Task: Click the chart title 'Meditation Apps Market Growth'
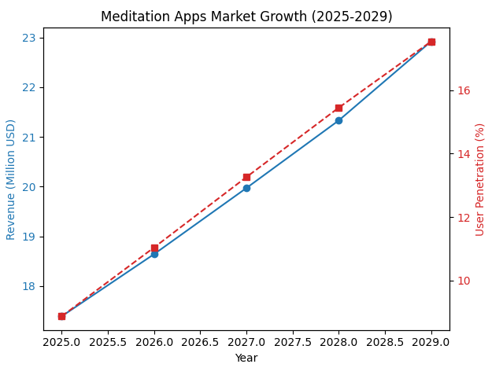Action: pos(246,17)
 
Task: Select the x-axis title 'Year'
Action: pos(246,358)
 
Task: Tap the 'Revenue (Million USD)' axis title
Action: pos(11,179)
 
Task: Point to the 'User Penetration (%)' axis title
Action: pos(480,179)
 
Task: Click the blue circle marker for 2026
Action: pos(154,254)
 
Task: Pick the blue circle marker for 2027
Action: pos(246,188)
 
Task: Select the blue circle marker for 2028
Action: pos(338,120)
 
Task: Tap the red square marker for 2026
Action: pos(154,248)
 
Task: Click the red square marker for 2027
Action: pos(246,177)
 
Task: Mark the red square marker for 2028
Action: pos(338,108)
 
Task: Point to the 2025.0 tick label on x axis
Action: pos(61,343)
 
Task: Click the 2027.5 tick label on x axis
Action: pos(293,343)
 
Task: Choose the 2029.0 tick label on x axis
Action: pos(431,343)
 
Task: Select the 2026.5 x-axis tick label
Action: pos(200,343)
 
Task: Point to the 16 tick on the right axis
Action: pos(463,90)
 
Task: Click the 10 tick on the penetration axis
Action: pos(463,281)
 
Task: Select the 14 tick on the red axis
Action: pos(463,154)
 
